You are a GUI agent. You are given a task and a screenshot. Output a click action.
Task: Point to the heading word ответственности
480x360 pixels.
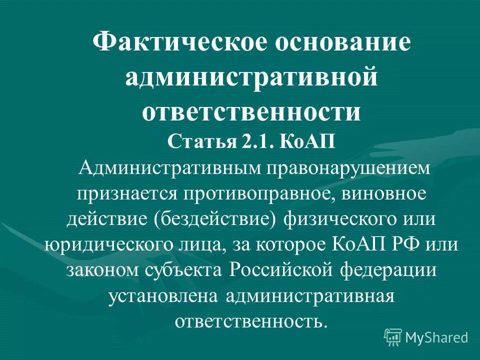[x=251, y=111]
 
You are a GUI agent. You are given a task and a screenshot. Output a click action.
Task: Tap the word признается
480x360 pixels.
[x=127, y=193]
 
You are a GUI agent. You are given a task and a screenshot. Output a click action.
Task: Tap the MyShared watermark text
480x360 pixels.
[x=436, y=337]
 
